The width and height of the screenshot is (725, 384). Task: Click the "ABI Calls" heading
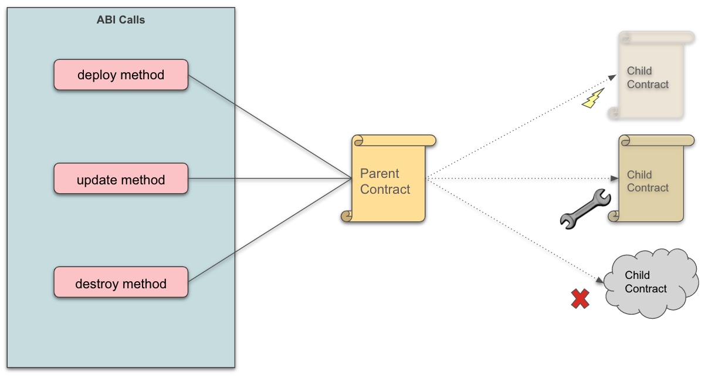(x=121, y=20)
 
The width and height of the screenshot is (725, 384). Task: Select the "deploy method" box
(x=121, y=75)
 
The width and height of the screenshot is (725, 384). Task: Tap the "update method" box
(x=121, y=179)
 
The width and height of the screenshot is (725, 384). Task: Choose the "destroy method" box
(x=121, y=284)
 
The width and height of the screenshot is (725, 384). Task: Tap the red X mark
(x=580, y=299)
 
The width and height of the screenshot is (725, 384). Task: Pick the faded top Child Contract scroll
(x=651, y=76)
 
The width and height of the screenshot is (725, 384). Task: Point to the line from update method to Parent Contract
(x=270, y=178)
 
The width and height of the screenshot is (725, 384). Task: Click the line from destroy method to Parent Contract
(x=270, y=230)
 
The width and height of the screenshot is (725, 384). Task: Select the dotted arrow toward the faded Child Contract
(x=522, y=126)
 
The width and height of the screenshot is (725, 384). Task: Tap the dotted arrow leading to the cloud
(x=516, y=230)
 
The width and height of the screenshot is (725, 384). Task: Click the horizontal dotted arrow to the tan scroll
(x=522, y=178)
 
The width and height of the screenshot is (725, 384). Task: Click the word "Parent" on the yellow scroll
(x=380, y=174)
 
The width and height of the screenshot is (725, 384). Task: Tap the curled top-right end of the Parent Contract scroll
(x=431, y=140)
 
